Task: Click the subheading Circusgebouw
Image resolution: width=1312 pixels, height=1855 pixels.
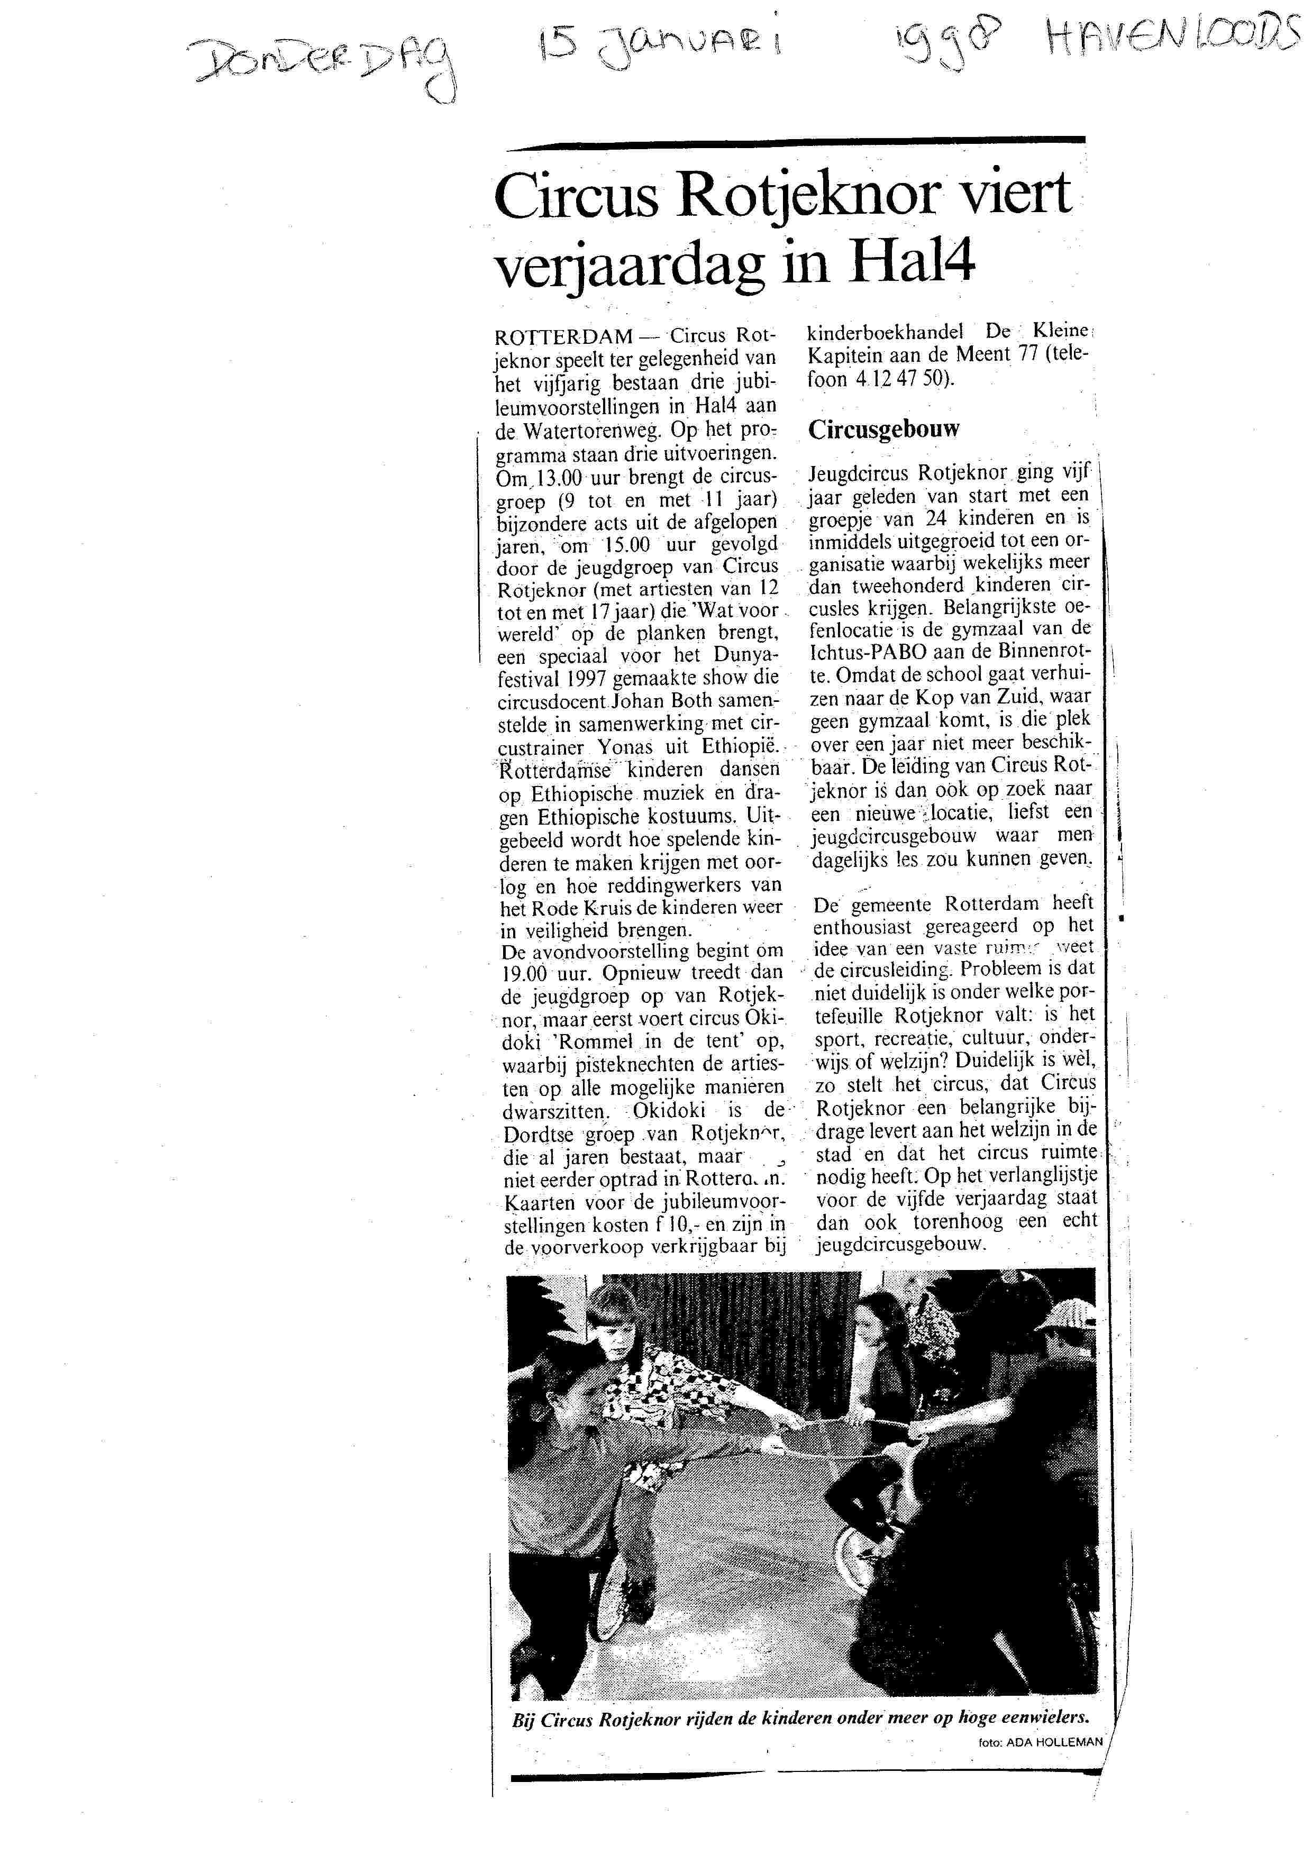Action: pyautogui.click(x=884, y=428)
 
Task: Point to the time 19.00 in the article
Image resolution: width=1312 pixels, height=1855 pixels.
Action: pyautogui.click(x=530, y=974)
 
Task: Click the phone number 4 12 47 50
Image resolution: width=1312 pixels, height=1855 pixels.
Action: pyautogui.click(x=898, y=378)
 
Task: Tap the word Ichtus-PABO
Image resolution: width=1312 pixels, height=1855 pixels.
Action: pyautogui.click(x=872, y=651)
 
